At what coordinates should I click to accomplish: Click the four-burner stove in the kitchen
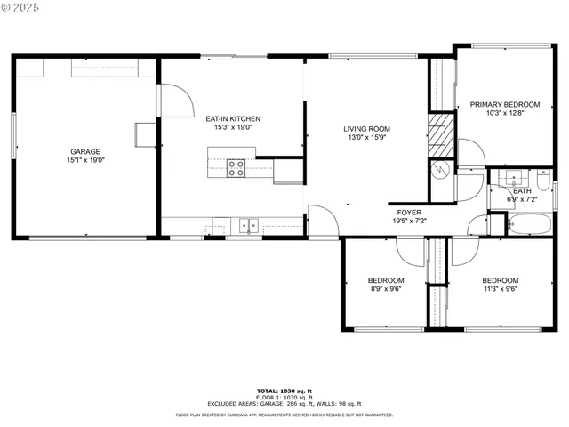236,168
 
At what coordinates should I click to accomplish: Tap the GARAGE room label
85,152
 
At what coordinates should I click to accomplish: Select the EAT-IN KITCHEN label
233,119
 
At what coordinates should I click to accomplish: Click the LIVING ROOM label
367,129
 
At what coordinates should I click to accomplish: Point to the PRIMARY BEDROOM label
505,104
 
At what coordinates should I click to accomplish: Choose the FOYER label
409,212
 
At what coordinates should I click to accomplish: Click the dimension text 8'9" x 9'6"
386,288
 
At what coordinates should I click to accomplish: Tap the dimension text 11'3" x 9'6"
500,288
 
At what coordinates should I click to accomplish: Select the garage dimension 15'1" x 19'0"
85,161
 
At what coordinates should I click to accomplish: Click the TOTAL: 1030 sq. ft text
284,391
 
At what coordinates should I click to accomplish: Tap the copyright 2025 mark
20,7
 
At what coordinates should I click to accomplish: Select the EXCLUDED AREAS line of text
284,403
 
